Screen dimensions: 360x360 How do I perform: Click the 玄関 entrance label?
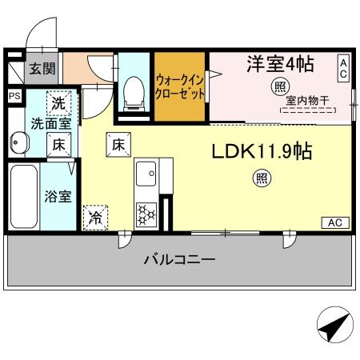[x=42, y=70]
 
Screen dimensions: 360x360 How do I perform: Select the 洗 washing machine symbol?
[x=58, y=102]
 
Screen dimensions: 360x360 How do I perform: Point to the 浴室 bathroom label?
[x=57, y=196]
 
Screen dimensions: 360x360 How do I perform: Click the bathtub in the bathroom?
[x=24, y=196]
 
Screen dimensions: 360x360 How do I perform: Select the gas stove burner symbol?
[x=146, y=214]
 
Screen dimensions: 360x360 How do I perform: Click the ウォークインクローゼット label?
[x=181, y=86]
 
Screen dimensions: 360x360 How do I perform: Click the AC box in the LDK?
[x=336, y=221]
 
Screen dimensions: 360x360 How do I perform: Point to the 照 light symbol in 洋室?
[x=280, y=86]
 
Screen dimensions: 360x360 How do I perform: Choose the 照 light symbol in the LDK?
[x=262, y=178]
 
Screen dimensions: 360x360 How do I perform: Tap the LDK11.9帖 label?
[x=262, y=150]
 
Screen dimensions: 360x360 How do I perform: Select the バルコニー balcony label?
[x=179, y=259]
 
